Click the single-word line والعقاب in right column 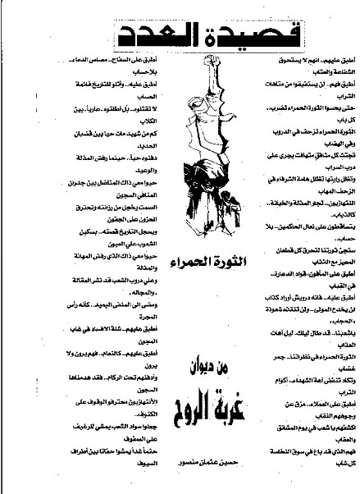339,429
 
